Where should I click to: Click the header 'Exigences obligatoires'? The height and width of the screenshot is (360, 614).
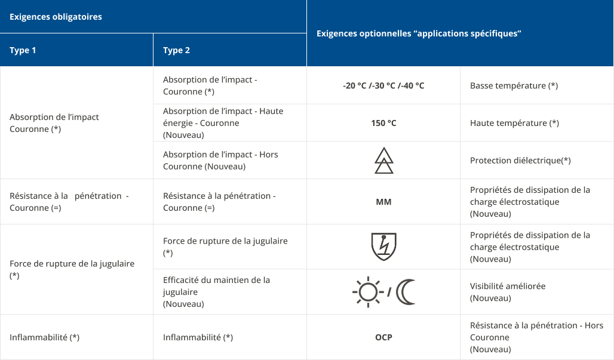pos(56,17)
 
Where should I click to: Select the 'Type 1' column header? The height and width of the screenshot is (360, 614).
pos(23,50)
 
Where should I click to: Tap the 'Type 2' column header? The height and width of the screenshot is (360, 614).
pos(176,50)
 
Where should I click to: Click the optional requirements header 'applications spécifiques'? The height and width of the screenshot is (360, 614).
pos(419,33)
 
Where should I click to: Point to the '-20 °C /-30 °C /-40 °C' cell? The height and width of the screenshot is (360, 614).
pos(383,85)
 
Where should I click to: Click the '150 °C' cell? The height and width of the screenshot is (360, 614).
pos(383,123)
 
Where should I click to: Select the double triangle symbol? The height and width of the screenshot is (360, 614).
pos(383,160)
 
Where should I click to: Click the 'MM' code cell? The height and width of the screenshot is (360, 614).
pos(383,202)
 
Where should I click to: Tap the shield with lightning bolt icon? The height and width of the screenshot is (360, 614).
pos(383,247)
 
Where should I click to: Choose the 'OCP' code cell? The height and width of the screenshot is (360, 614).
pos(383,337)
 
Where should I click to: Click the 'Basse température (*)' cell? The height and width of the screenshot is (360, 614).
pos(514,85)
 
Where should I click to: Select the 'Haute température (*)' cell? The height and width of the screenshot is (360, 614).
pos(514,123)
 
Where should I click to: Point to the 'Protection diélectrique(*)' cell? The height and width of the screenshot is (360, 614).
pos(520,161)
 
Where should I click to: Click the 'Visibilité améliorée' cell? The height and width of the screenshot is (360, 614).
pos(508,292)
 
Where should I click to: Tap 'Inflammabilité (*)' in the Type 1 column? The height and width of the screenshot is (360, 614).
pos(44,337)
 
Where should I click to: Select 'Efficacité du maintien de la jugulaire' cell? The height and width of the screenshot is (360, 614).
pos(216,292)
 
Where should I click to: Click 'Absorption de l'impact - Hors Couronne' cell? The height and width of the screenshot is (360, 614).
pos(220,161)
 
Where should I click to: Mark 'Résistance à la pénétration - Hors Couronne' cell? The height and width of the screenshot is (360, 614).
pos(536,337)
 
